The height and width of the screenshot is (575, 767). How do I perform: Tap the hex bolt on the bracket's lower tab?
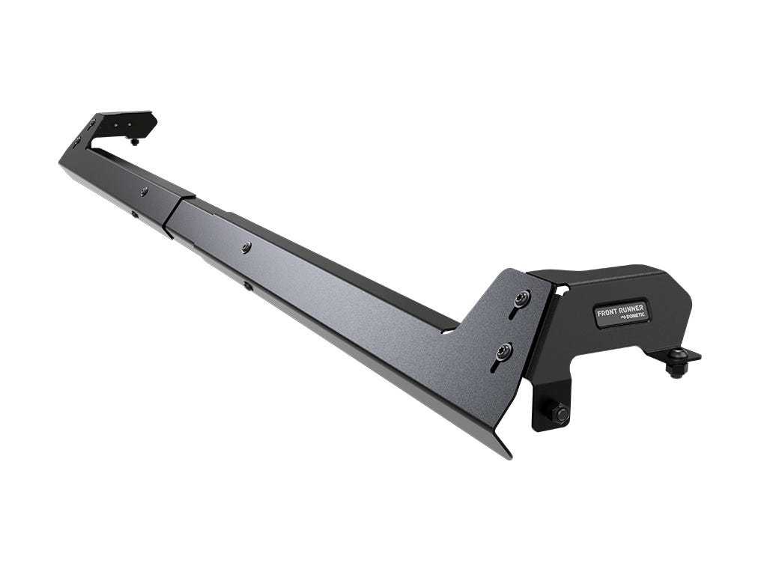coord(559,411)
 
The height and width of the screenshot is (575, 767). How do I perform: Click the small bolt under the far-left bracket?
coord(134,140)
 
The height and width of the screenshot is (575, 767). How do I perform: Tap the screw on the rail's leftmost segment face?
coord(143,192)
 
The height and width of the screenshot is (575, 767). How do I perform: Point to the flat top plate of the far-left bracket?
coord(124,121)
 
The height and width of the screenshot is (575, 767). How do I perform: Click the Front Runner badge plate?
coord(621,312)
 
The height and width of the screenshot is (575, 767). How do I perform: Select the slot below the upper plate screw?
coord(514,314)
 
